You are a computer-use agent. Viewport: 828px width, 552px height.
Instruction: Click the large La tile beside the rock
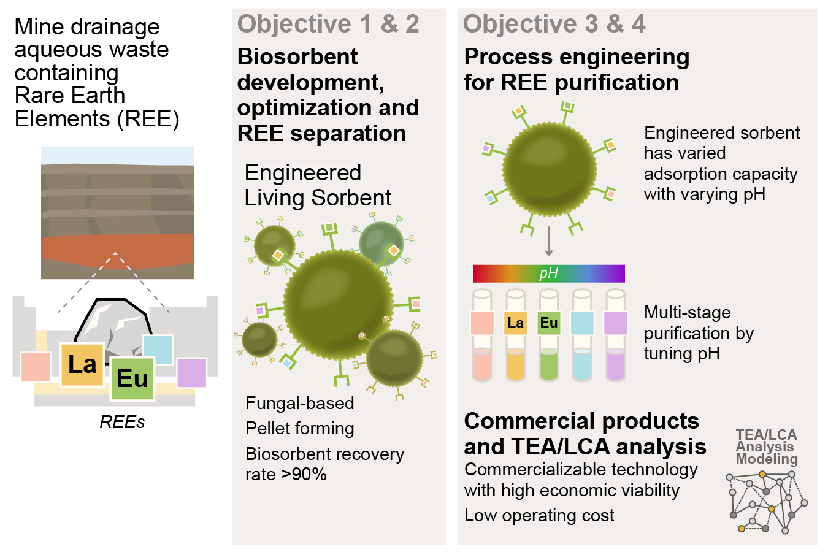(x=82, y=364)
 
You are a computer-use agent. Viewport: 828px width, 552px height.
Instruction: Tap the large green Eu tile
(x=132, y=378)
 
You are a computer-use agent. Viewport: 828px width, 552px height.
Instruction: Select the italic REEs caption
(x=122, y=422)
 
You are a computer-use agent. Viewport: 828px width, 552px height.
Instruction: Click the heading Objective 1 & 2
(x=328, y=24)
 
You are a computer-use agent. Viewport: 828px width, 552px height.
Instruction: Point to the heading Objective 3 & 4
(x=554, y=24)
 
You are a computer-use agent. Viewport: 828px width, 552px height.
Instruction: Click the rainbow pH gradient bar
(x=548, y=274)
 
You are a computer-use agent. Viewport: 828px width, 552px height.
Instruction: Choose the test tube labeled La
(x=515, y=335)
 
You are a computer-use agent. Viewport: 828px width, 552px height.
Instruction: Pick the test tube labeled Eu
(x=548, y=335)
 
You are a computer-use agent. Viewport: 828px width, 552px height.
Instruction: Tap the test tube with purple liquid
(x=615, y=335)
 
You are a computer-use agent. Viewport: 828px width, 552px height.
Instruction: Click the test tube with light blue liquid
(x=582, y=335)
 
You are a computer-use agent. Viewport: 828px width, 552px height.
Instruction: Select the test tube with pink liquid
(x=482, y=335)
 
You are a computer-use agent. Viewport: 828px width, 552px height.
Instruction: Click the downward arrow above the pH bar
(x=549, y=240)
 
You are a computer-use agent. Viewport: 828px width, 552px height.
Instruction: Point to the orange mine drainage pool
(x=118, y=251)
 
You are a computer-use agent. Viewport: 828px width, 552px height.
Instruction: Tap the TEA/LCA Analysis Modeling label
(x=766, y=447)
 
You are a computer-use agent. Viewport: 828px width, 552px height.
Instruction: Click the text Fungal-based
(x=300, y=403)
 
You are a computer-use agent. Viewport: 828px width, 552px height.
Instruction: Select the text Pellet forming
(x=300, y=429)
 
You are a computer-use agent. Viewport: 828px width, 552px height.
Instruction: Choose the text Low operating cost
(x=539, y=515)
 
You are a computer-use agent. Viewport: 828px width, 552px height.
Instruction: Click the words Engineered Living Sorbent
(x=318, y=185)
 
